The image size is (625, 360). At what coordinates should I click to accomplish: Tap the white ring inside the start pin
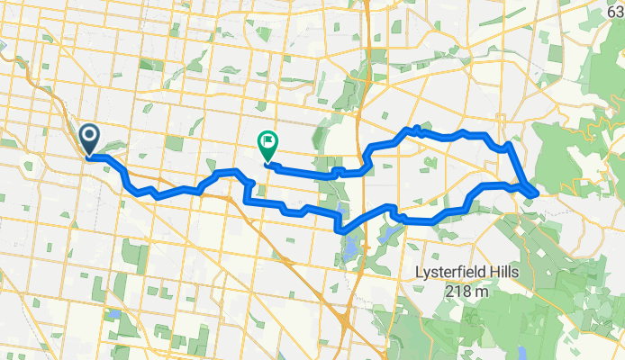coord(91,136)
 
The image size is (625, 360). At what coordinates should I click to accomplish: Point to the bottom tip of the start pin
coord(91,156)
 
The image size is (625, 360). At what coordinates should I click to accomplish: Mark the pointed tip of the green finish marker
coord(267,163)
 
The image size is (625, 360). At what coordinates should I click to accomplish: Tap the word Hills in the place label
coord(512,273)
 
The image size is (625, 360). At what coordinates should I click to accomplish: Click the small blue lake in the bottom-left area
coord(115,313)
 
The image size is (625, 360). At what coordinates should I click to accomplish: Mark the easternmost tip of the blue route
coord(537,192)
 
